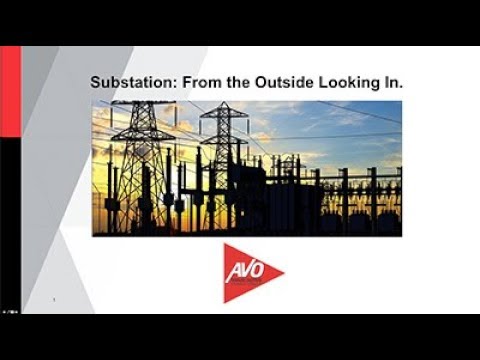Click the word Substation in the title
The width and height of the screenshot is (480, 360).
[125, 84]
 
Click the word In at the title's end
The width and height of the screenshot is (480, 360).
[392, 84]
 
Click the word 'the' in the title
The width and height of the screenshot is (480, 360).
[223, 84]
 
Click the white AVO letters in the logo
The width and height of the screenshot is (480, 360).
[243, 270]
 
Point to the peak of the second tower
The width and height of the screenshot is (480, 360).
[223, 104]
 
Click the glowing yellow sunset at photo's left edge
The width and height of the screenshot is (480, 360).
[100, 190]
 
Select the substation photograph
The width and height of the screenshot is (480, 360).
[247, 167]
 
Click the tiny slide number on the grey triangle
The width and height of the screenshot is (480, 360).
[52, 298]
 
